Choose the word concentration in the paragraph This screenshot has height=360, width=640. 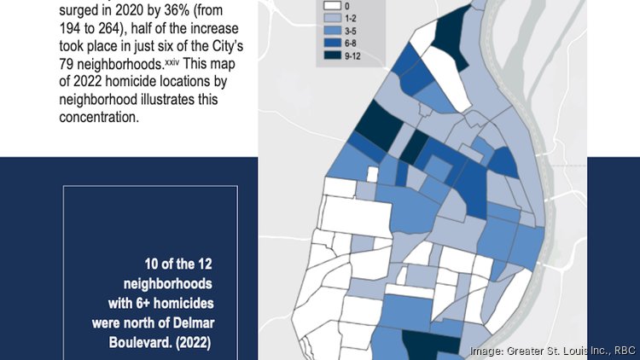[x=98, y=117]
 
